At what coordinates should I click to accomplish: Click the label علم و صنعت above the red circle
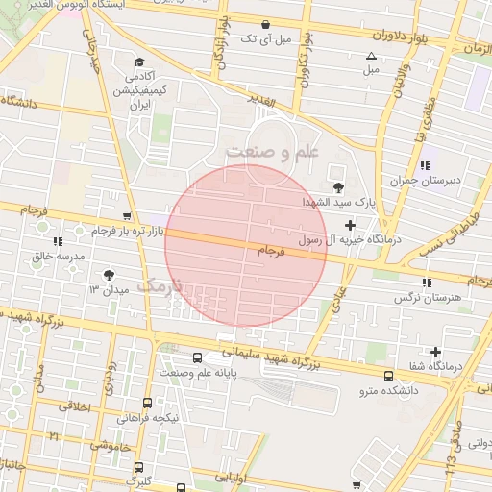[272, 152]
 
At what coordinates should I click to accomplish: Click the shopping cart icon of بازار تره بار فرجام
[127, 216]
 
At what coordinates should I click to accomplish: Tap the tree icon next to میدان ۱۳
[120, 276]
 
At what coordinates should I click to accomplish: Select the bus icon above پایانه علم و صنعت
[197, 357]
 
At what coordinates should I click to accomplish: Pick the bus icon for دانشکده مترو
[388, 376]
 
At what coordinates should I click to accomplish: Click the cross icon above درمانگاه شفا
[435, 352]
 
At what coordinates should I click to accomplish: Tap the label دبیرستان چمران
[424, 180]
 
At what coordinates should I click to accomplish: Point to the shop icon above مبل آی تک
[265, 24]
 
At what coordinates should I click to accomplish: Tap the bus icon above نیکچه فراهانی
[147, 404]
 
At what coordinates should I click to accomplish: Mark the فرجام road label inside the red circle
[272, 251]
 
